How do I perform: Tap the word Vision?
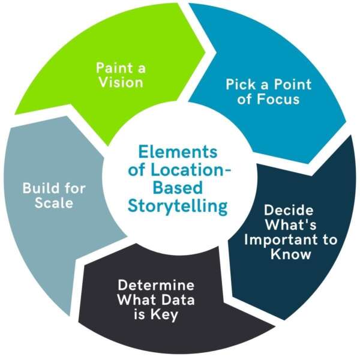[x=122, y=82]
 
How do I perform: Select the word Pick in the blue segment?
[x=238, y=85]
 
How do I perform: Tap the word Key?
[x=166, y=314]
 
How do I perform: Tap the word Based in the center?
[x=178, y=188]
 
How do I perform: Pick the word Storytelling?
[x=178, y=206]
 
